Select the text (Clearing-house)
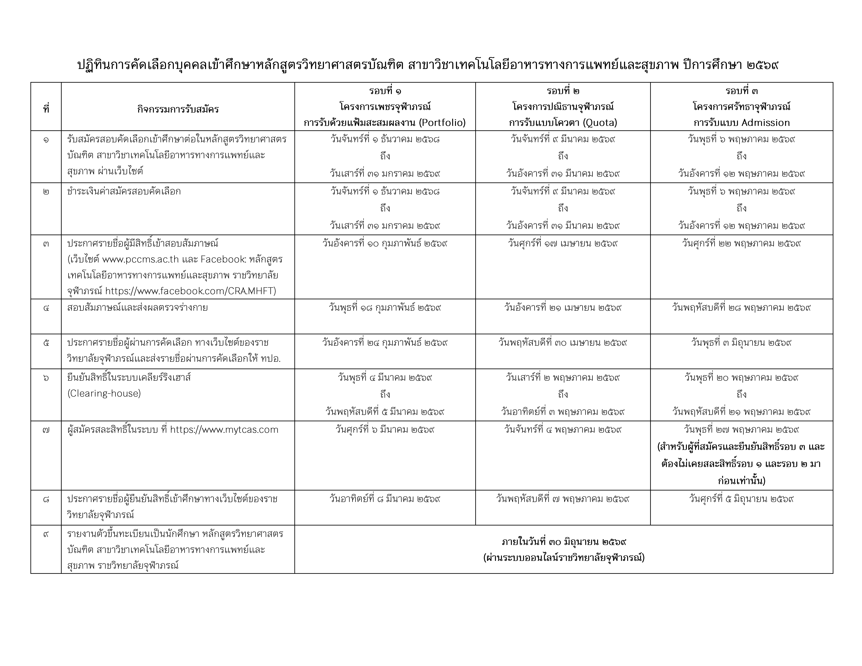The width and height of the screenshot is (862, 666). coord(104,393)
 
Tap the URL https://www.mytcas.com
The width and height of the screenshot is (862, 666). coord(224,430)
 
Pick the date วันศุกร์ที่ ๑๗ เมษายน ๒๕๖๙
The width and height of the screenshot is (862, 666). coord(563,243)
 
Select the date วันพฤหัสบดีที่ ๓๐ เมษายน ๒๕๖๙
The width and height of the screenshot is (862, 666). coord(563,343)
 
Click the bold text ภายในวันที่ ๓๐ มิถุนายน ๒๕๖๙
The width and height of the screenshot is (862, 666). coord(564,542)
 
